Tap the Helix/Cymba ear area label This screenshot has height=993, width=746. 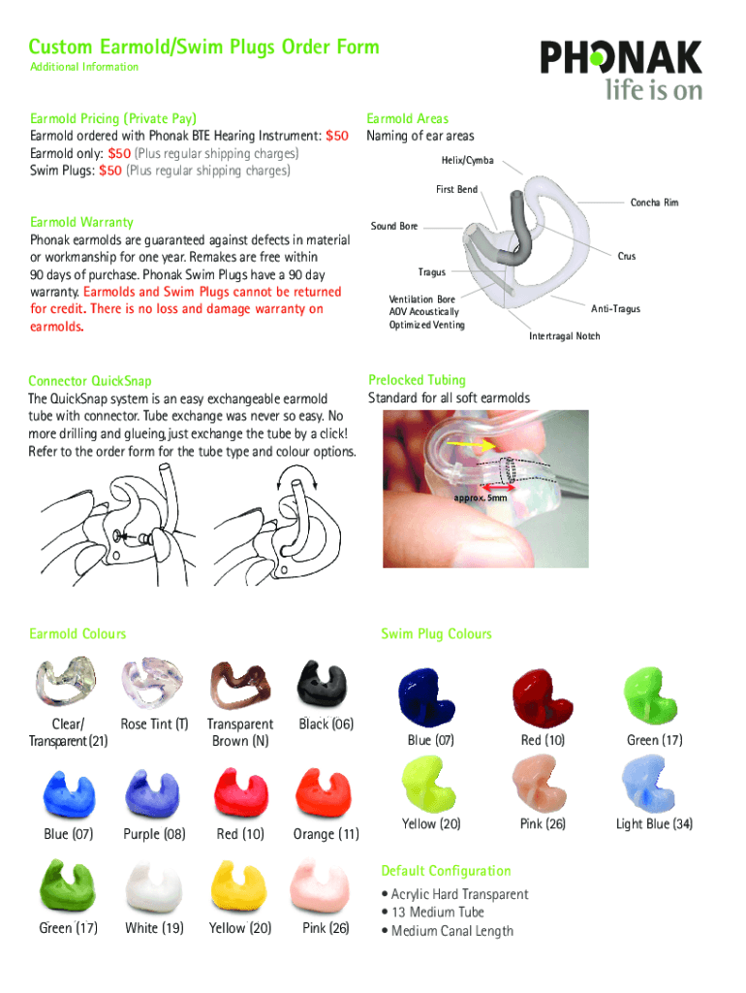click(469, 159)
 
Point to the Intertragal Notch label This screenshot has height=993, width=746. click(564, 336)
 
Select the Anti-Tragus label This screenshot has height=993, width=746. click(615, 309)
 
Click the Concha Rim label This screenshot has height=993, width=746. click(654, 203)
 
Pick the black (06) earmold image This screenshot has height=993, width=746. click(321, 686)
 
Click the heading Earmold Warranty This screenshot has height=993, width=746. click(81, 222)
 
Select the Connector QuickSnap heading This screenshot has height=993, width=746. click(90, 381)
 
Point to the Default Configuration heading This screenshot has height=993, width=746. click(446, 871)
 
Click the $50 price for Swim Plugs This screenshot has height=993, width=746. click(110, 171)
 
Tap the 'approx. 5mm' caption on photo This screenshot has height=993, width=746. click(480, 497)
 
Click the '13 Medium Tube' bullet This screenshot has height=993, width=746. click(437, 913)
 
